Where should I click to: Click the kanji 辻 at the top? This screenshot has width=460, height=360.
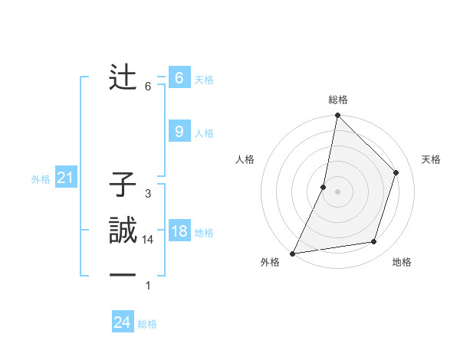point(123,78)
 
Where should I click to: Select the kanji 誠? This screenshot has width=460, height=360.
point(123,231)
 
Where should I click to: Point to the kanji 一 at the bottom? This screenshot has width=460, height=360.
point(123,277)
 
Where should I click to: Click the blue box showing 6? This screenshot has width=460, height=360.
point(179,78)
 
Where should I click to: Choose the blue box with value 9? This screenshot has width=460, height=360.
point(179,132)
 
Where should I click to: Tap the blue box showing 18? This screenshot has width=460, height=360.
point(179,231)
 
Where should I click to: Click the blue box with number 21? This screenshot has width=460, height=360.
point(65,178)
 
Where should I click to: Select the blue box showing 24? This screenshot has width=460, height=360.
point(122,322)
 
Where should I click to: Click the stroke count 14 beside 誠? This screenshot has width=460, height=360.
point(148,240)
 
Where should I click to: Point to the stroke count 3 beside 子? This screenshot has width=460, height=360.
point(148,194)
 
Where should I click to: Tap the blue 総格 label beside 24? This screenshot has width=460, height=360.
point(147,324)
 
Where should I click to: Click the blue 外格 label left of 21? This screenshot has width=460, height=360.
point(41,179)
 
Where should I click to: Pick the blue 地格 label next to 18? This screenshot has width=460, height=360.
point(204,233)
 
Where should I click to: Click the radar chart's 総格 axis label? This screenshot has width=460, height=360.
point(338,100)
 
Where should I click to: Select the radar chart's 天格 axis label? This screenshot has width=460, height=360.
point(432,159)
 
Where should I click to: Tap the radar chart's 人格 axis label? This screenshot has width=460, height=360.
point(245,159)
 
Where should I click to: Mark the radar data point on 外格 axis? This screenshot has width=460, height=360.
point(293,253)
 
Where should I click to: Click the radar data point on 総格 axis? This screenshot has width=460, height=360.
point(337,116)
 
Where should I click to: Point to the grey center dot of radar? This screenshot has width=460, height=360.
point(337,191)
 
